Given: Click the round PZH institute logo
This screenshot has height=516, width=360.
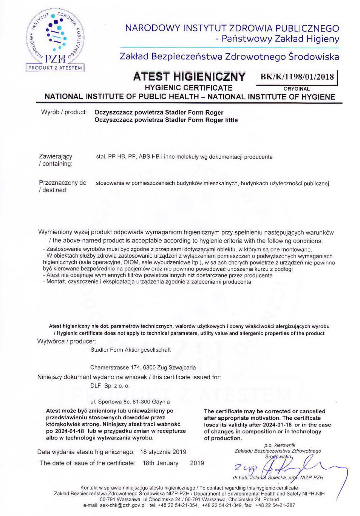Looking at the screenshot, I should (x=55, y=37).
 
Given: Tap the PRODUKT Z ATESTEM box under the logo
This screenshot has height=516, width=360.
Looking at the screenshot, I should (x=55, y=68).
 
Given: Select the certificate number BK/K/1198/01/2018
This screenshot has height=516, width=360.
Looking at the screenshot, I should (x=297, y=77).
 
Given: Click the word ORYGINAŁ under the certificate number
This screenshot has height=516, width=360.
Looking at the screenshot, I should (x=297, y=89).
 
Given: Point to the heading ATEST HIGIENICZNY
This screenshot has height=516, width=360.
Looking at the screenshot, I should (x=189, y=77).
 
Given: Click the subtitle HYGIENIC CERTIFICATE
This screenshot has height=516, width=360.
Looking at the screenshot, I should (x=188, y=88).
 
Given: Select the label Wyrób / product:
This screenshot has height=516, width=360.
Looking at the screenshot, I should (x=64, y=112).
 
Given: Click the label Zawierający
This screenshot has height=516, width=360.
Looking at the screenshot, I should (x=56, y=156).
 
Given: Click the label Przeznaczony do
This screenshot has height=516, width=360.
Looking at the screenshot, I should (x=63, y=183).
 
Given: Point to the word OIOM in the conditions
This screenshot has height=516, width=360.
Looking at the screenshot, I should (x=131, y=263).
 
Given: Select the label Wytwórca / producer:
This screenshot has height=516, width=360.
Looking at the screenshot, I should (x=66, y=341).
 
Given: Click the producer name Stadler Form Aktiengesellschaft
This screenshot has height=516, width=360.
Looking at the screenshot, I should (x=130, y=350).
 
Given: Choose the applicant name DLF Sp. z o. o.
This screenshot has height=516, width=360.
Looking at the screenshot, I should (x=110, y=386).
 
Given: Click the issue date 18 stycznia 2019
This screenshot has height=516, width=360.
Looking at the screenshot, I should (x=163, y=452).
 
